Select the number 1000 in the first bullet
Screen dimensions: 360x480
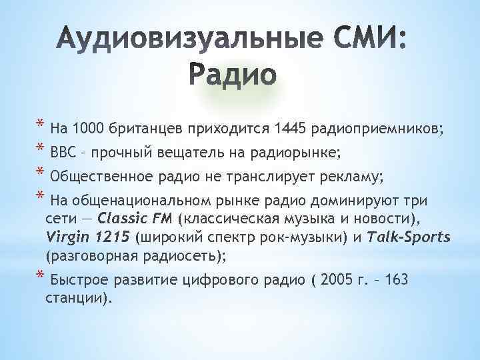pos(90,128)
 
